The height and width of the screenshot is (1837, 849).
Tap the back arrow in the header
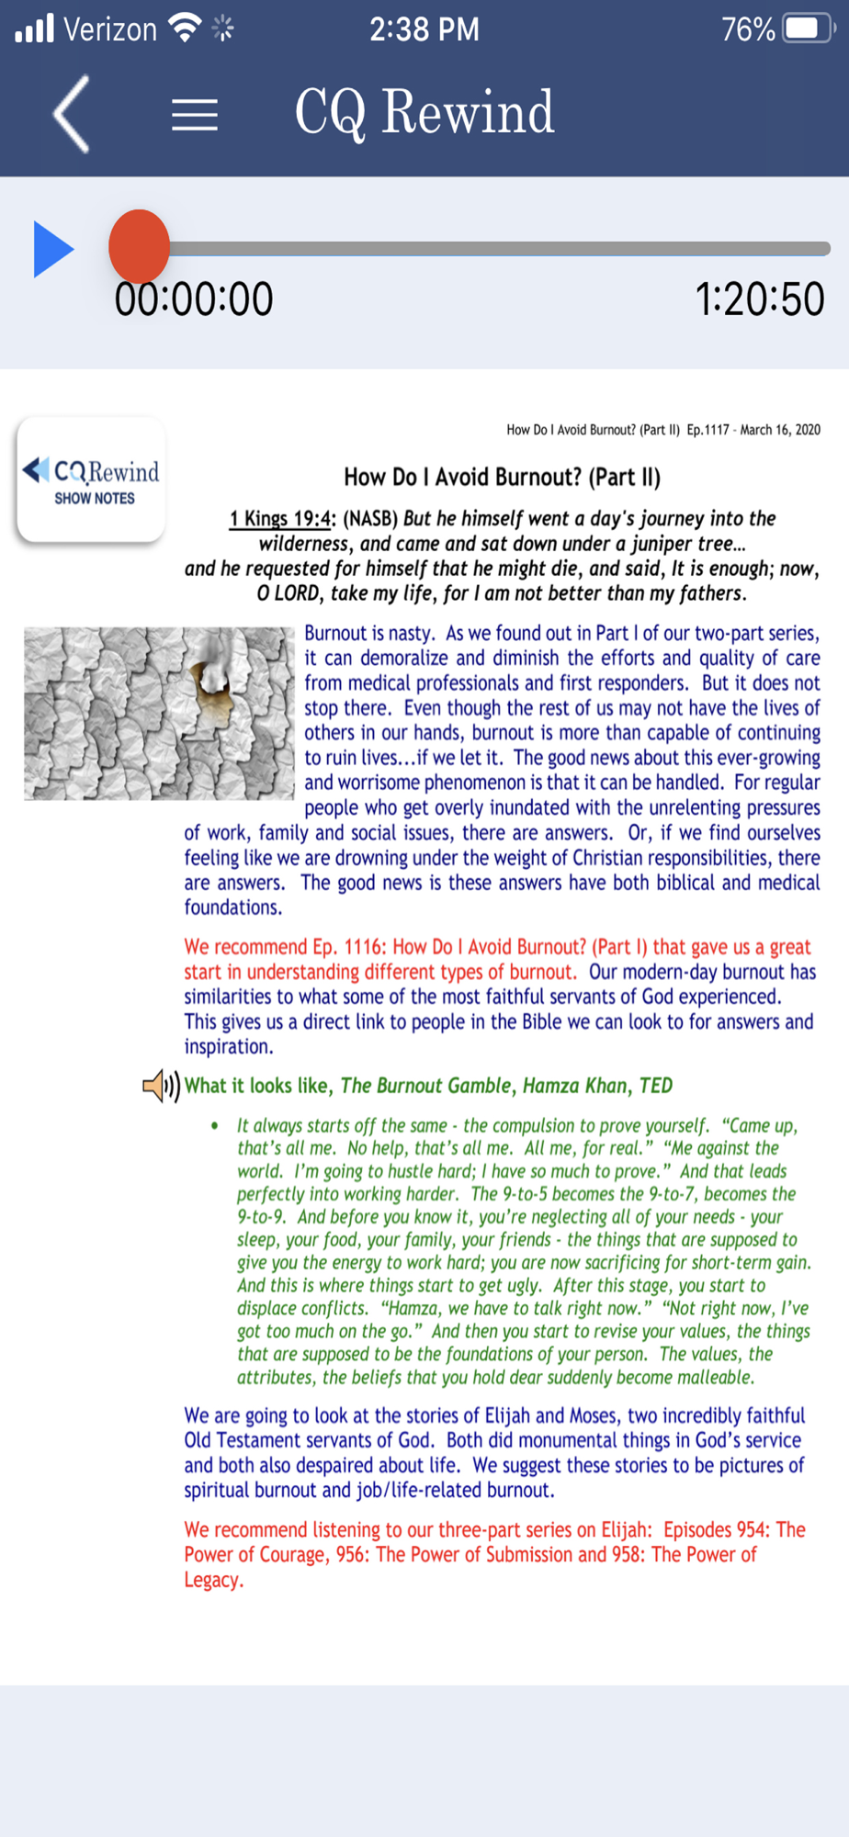[x=72, y=114]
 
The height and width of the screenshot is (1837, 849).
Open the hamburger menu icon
[x=195, y=115]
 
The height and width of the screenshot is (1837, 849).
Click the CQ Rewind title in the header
[x=424, y=113]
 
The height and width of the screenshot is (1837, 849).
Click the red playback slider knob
[x=139, y=247]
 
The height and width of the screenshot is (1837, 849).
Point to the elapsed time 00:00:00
[x=194, y=299]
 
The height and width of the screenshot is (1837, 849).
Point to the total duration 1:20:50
[x=759, y=299]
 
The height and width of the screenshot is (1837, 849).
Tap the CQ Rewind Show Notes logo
[x=91, y=479]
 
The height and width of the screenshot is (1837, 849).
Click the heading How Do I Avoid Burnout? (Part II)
[x=502, y=477]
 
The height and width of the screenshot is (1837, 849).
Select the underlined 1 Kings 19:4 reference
[x=280, y=519]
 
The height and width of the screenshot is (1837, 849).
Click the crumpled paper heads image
[x=158, y=714]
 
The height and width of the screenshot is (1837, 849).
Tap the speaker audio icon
[x=161, y=1086]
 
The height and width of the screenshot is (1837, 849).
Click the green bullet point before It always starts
[x=215, y=1126]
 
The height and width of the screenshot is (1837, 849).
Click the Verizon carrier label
[x=110, y=29]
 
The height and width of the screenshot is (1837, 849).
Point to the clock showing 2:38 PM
[x=424, y=29]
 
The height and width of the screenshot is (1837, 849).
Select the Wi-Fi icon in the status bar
[x=187, y=28]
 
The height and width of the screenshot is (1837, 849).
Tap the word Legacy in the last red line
[x=212, y=1580]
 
